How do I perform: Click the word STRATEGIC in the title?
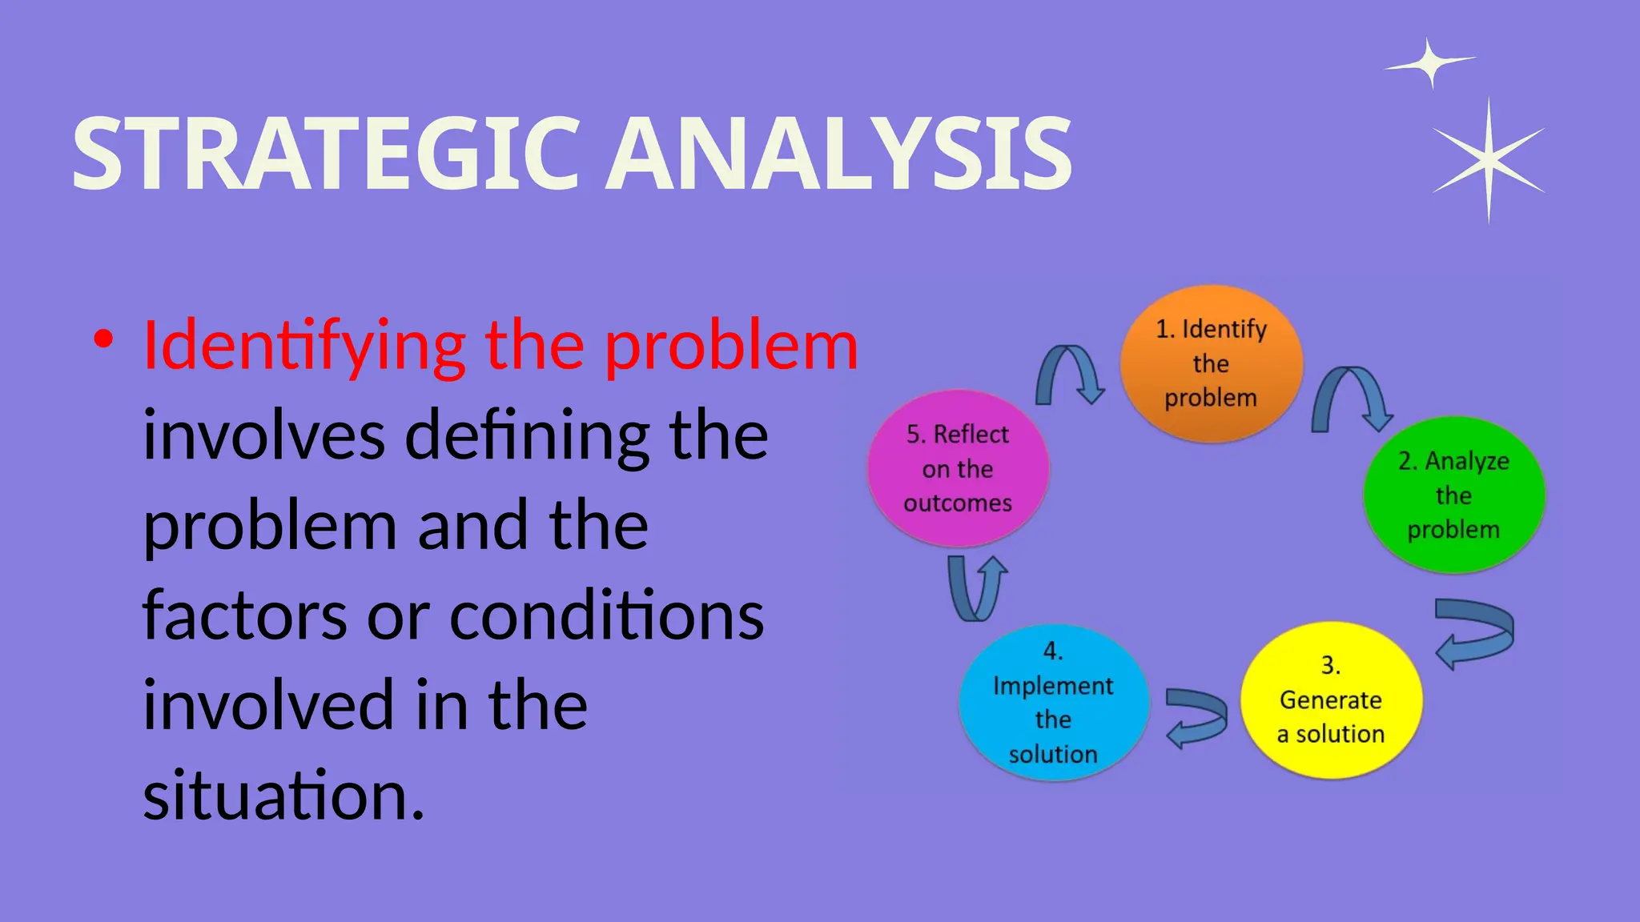tap(324, 154)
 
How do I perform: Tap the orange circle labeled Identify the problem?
tap(1211, 363)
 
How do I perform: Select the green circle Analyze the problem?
tap(1453, 495)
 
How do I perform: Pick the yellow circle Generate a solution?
tap(1330, 700)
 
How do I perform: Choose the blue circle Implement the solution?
tap(1053, 703)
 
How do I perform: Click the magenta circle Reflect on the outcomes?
tap(958, 468)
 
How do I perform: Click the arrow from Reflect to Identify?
tap(1069, 371)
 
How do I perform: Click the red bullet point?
tap(102, 339)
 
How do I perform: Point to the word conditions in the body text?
tap(606, 616)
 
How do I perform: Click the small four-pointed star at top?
tap(1430, 62)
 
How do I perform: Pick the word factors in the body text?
tap(244, 616)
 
